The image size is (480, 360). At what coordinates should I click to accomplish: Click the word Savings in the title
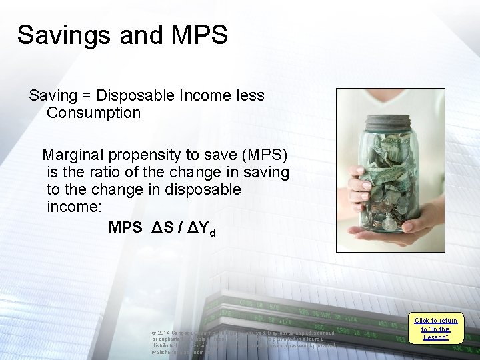click(x=56, y=35)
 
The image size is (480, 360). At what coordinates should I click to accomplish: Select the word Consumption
click(x=93, y=113)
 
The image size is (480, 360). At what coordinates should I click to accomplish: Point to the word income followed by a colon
click(x=73, y=207)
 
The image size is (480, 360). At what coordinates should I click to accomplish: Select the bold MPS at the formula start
click(x=125, y=227)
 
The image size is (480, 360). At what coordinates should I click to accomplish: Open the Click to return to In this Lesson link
click(x=435, y=329)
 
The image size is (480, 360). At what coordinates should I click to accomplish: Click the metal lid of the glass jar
click(x=382, y=123)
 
